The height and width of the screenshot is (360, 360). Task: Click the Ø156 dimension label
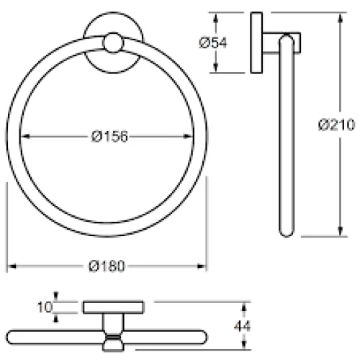109,137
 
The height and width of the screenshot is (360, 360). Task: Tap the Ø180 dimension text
107,266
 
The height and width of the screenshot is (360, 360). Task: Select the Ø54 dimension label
213,42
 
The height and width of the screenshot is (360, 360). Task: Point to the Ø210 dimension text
336,125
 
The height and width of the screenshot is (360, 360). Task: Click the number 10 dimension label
45,307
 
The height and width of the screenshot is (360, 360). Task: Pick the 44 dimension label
242,325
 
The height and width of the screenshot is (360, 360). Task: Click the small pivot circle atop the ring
113,42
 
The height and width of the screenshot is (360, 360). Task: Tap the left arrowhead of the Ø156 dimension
25,137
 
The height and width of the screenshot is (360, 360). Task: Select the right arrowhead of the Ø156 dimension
188,137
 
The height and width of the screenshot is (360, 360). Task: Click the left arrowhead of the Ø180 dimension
12,266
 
